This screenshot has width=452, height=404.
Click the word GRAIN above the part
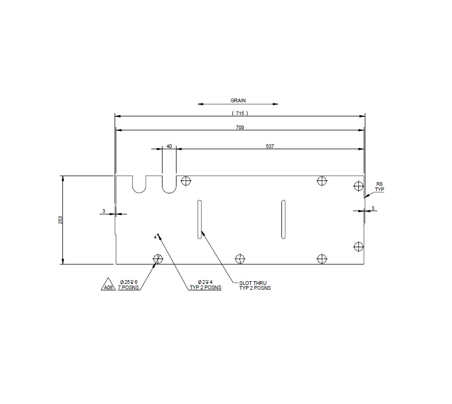(x=238, y=100)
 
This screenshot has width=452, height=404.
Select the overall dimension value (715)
(x=240, y=113)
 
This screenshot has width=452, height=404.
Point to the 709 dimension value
(x=240, y=128)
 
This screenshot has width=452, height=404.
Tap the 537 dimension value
(x=270, y=146)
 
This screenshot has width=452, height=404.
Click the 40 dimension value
(x=169, y=146)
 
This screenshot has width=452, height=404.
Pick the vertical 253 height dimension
(x=61, y=220)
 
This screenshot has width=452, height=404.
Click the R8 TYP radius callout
(x=379, y=187)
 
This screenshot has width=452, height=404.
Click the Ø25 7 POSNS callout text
(x=129, y=285)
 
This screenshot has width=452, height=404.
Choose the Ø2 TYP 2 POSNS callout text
(x=205, y=285)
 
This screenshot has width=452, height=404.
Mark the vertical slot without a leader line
(x=283, y=219)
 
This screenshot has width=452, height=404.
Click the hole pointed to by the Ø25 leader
(x=158, y=259)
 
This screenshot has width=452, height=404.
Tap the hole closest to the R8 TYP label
(x=358, y=186)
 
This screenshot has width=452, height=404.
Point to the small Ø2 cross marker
(x=157, y=236)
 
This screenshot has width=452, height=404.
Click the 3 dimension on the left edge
(x=103, y=211)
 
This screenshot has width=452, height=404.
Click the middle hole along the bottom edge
(x=240, y=259)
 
